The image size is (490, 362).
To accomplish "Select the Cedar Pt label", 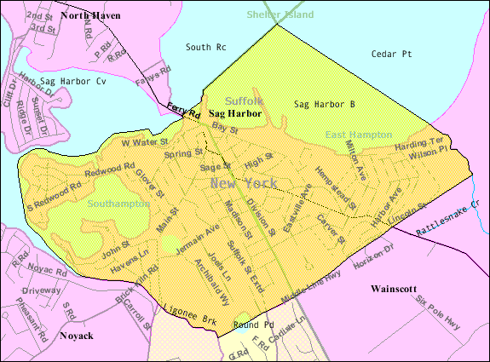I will point(392,54).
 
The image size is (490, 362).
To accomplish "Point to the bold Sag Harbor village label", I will point(234,113).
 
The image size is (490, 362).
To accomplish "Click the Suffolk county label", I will point(245,101).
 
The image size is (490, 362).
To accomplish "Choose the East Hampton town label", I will point(359,135).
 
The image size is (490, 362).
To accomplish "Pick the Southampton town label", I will point(118,204).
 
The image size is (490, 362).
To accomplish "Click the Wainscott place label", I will point(398,290).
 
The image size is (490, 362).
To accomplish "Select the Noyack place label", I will point(81,335).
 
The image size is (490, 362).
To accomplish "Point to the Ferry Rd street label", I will point(183,111).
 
